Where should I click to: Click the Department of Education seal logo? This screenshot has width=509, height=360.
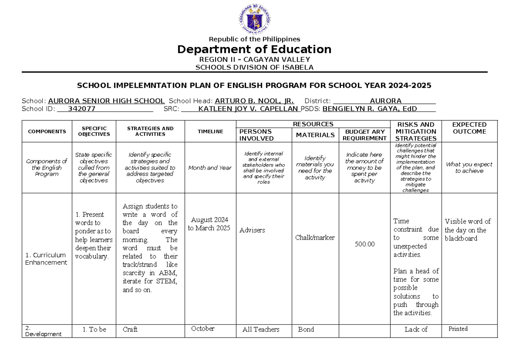[254, 19]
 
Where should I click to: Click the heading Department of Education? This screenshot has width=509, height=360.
[254, 50]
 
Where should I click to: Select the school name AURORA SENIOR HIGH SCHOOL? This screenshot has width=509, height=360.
[106, 101]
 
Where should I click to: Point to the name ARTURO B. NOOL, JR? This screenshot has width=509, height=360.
[254, 101]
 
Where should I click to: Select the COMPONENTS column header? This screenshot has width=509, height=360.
[47, 131]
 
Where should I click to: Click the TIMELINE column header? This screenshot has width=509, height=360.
[210, 131]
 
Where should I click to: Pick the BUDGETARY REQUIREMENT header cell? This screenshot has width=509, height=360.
[364, 135]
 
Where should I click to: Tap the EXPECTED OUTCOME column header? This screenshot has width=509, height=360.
[469, 128]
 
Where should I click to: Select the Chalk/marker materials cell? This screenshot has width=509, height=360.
[315, 237]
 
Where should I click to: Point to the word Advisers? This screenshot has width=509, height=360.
[252, 230]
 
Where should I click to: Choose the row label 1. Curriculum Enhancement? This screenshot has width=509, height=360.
[46, 259]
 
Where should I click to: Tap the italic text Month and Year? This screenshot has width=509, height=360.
[210, 167]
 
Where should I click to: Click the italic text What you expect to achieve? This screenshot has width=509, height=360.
[469, 167]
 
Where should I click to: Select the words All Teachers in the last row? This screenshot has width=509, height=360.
[260, 329]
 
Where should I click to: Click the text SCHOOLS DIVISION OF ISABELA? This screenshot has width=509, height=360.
[254, 67]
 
